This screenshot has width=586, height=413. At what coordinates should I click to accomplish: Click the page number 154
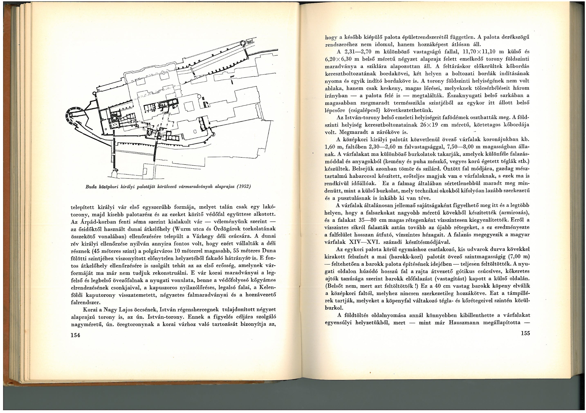click(75, 335)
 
